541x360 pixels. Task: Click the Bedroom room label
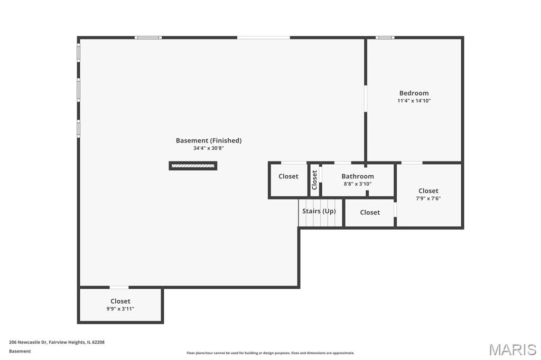[x=414, y=93]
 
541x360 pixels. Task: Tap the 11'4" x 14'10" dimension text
[x=414, y=101]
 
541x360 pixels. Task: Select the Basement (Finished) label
[x=209, y=141]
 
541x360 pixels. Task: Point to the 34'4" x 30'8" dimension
[x=209, y=148]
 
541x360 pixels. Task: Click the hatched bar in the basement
[x=193, y=166]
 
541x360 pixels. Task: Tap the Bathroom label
[x=358, y=176]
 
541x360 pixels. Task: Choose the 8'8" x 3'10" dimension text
[x=358, y=184]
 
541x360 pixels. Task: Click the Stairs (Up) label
[x=319, y=211]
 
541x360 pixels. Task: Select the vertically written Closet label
[x=314, y=180]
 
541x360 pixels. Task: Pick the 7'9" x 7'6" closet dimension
[x=428, y=198]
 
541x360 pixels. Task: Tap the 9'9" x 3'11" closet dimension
[x=120, y=309]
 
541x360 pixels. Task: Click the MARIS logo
[x=512, y=349]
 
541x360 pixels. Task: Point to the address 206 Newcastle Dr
[x=28, y=342]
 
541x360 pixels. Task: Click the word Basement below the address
[x=20, y=351]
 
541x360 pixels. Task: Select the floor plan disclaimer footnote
[x=270, y=353]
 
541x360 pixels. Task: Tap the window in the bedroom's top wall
[x=385, y=37]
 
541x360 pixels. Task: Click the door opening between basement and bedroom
[x=366, y=98]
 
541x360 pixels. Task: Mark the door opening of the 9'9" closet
[x=119, y=287]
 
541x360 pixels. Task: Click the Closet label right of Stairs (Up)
[x=370, y=212]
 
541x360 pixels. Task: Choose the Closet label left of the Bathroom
[x=288, y=176]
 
